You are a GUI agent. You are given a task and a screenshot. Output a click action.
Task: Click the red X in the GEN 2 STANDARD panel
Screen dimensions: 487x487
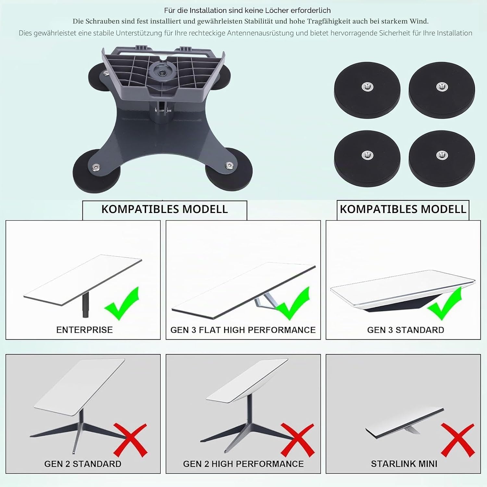point(130,440)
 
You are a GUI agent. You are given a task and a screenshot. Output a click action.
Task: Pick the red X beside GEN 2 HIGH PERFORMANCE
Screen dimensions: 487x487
point(297,440)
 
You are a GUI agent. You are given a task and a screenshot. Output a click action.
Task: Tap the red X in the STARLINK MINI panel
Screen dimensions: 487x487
point(458,440)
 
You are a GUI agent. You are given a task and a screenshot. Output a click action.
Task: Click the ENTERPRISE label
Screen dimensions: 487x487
point(84,330)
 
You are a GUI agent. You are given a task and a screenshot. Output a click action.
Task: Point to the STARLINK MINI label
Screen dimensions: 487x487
point(404,464)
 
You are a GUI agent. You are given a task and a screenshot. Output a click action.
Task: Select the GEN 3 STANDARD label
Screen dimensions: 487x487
point(406,330)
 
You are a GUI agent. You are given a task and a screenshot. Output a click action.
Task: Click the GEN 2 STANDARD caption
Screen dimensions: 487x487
point(83,464)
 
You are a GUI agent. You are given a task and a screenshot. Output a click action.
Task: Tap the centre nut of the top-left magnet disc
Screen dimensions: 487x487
point(367,86)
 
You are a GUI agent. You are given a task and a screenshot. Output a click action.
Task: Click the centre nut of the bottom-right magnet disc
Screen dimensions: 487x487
point(441,155)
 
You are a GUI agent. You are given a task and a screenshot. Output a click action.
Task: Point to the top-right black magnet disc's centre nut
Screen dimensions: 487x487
point(441,86)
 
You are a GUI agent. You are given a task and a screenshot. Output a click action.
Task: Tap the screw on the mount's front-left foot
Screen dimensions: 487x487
point(95,167)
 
